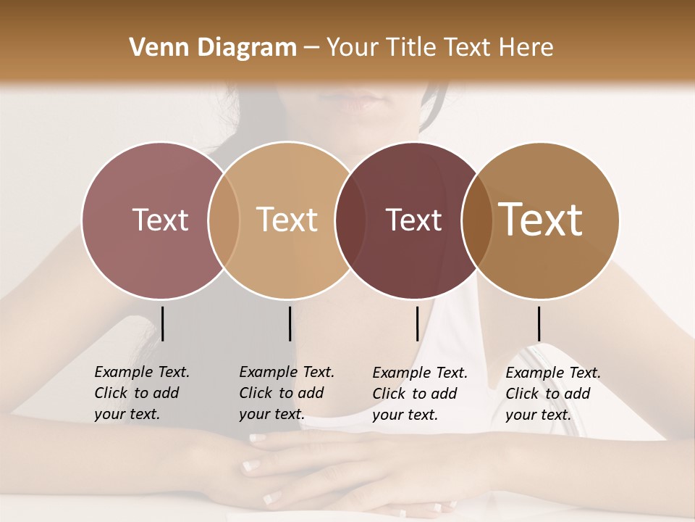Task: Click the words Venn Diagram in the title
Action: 213,48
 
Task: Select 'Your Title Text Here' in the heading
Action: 439,48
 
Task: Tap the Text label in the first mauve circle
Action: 160,220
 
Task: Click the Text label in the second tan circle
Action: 287,220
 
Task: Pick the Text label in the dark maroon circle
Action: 413,220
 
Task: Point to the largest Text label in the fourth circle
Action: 541,219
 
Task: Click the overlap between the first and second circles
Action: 224,220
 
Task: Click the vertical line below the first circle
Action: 163,323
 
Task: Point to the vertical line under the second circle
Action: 290,323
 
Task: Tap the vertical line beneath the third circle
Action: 418,323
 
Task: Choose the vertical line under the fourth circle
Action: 539,323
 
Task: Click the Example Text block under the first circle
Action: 141,393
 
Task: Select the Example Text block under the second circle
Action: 286,393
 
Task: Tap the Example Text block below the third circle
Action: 419,394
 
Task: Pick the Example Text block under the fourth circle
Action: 552,394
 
